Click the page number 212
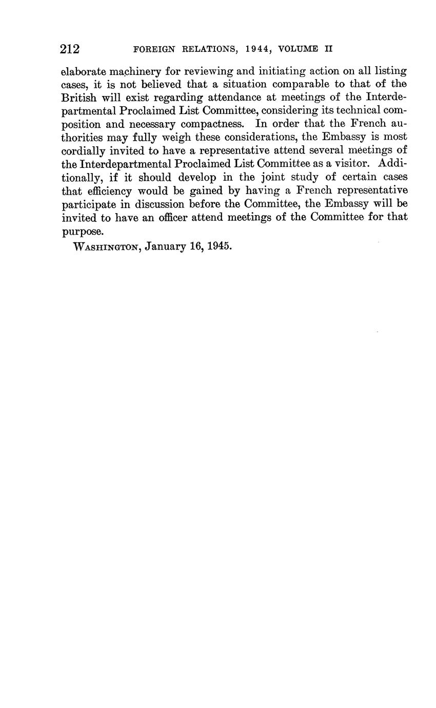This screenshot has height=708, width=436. coord(70,49)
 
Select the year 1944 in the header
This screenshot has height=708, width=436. coord(250,50)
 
